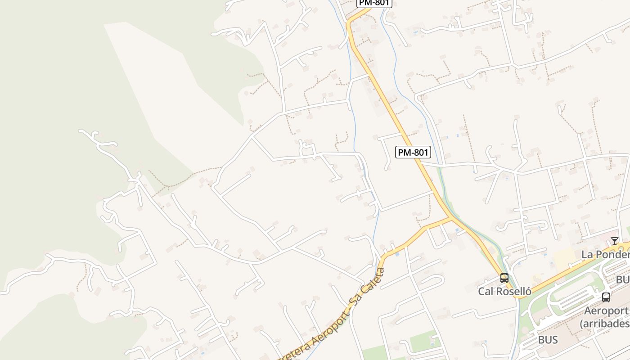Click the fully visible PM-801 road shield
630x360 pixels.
point(413,152)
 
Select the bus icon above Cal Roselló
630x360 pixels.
point(504,278)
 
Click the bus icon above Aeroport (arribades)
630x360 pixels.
point(606,297)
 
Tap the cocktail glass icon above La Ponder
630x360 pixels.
point(615,241)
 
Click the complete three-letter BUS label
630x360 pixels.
point(548,340)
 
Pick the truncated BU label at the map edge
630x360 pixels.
point(623,280)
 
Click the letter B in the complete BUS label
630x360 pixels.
point(541,340)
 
